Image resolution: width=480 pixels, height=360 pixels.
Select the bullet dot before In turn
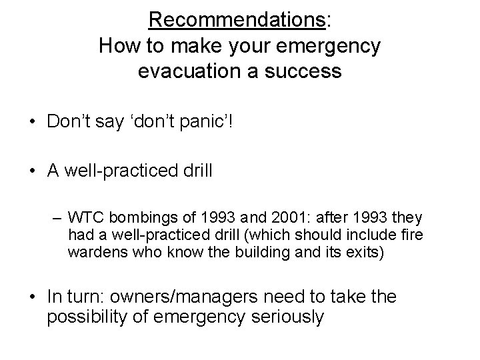click(x=33, y=295)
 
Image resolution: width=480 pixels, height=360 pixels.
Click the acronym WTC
click(x=85, y=217)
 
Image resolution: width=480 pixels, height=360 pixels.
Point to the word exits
click(x=363, y=253)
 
